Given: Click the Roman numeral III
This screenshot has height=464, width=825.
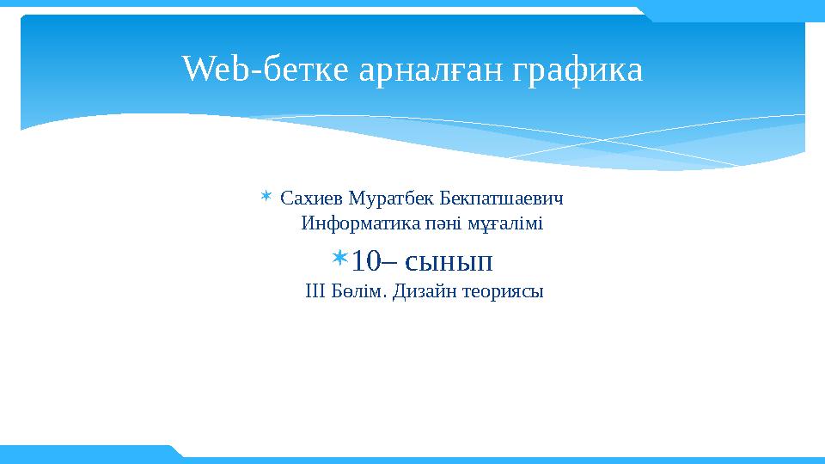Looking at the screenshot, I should [315, 291].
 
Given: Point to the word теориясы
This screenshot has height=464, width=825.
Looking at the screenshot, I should [504, 291].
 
